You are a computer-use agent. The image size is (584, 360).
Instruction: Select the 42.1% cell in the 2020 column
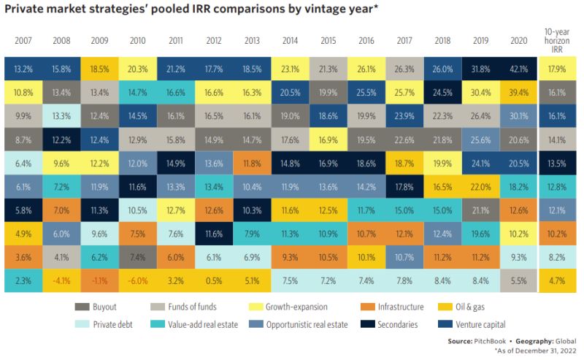[518, 70]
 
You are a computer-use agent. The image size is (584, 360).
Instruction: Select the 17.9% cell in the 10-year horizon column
[556, 70]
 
